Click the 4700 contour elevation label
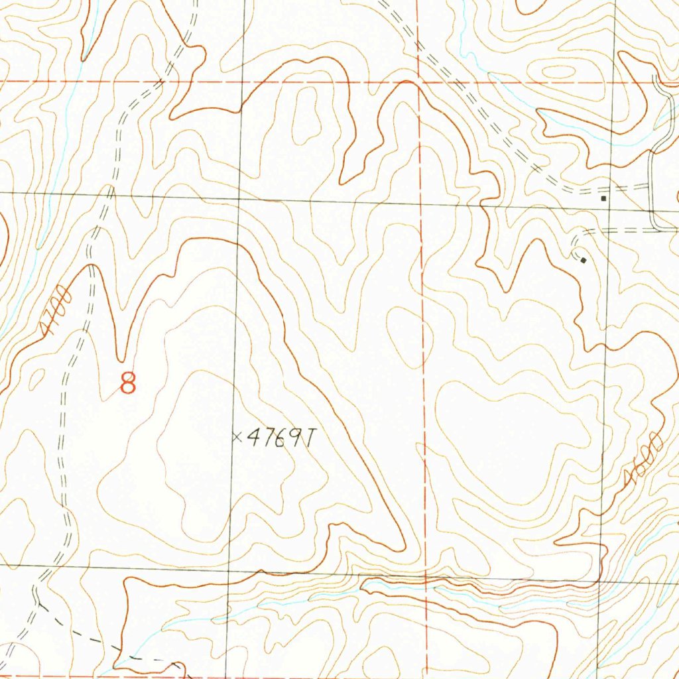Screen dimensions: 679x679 [54, 311]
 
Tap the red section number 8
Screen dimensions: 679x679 [129, 383]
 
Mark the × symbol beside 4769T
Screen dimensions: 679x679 [235, 436]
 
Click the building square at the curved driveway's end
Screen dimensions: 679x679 [583, 261]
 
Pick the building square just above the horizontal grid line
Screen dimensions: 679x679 [603, 198]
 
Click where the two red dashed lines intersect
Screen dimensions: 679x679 [419, 83]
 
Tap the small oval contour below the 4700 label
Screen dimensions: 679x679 [36, 379]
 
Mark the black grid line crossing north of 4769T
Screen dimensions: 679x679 [240, 200]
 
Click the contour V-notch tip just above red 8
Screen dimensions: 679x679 [121, 360]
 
